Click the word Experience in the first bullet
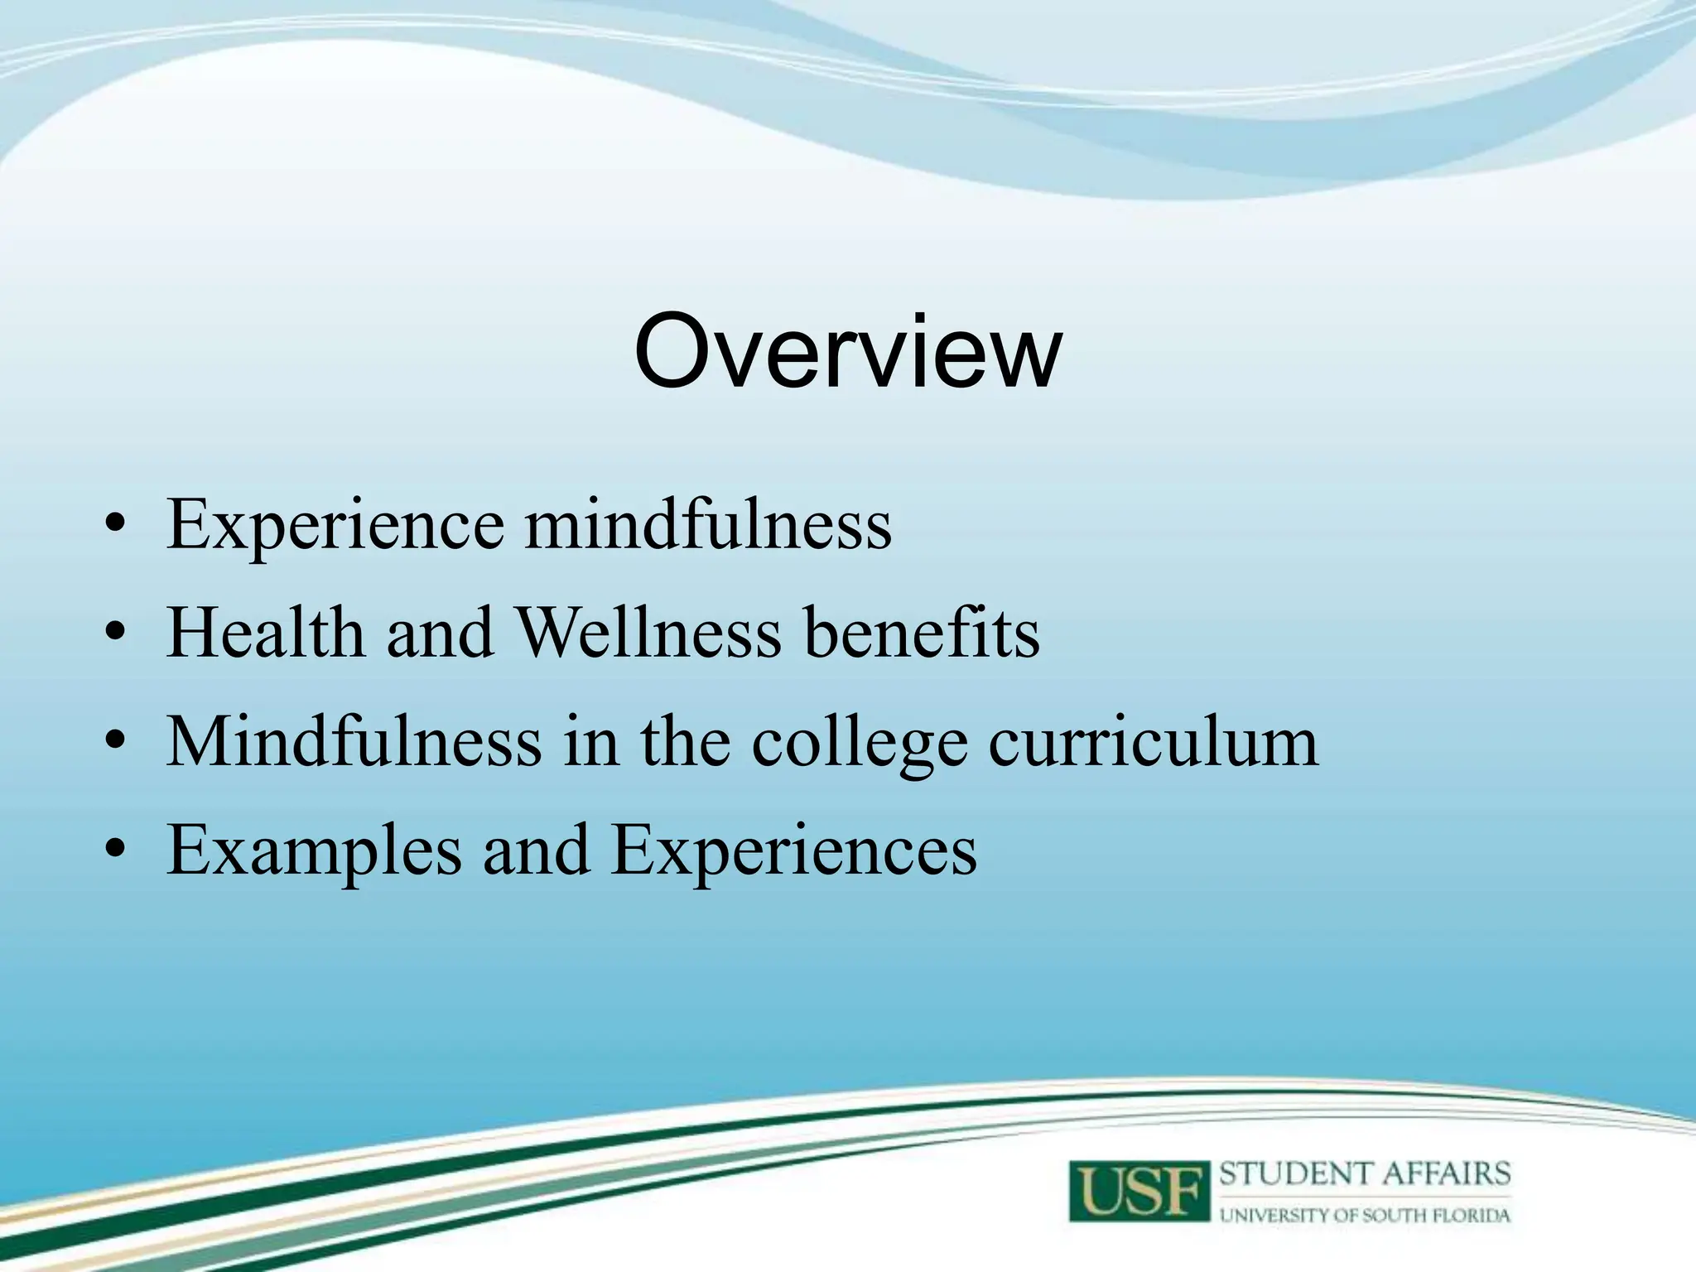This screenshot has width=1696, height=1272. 335,525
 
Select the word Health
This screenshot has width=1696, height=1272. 266,634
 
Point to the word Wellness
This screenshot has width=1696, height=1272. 648,634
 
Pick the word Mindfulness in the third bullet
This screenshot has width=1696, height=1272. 354,741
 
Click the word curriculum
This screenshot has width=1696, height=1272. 1153,741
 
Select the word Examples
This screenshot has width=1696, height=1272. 314,850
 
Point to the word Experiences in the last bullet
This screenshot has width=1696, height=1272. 793,850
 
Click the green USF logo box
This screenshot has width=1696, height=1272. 1140,1191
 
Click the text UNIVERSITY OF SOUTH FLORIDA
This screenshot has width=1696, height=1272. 1365,1215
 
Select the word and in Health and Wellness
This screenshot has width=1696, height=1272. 439,634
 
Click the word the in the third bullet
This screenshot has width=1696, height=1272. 685,741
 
